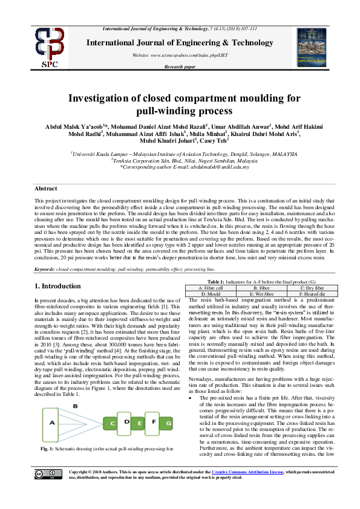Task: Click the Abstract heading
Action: tap(46, 189)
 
